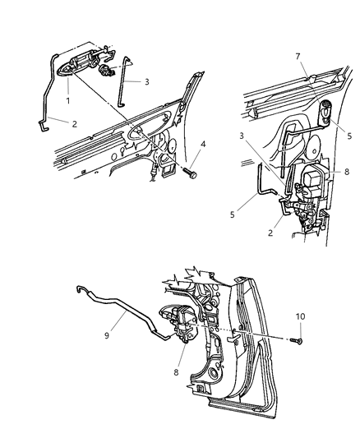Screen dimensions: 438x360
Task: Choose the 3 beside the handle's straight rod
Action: pyautogui.click(x=146, y=82)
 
